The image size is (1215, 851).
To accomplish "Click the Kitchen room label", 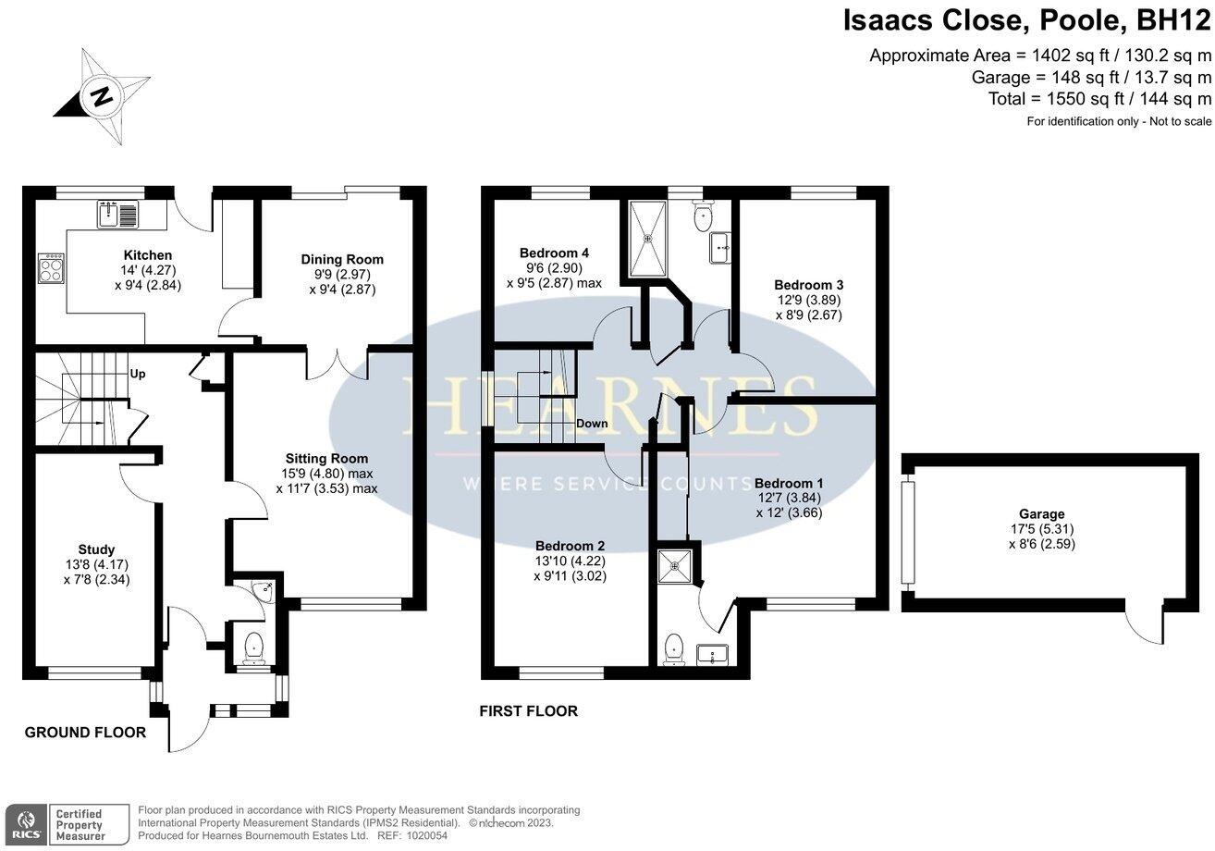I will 148,255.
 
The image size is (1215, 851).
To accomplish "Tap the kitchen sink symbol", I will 117,215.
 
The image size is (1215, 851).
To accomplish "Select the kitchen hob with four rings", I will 50,269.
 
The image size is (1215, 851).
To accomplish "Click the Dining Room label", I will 342,259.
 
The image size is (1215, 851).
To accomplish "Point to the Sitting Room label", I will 326,458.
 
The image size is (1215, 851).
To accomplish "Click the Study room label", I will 96,549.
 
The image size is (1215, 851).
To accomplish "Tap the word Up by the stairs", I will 137,375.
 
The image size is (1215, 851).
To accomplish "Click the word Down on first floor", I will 592,424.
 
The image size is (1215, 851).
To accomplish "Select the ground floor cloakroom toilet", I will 251,647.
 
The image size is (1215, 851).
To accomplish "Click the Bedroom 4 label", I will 554,253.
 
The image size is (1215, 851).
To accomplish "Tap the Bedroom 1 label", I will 789,483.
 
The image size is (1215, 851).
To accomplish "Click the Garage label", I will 1041,514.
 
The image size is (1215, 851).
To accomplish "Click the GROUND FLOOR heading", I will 85,733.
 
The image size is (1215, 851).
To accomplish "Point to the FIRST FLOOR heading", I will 528,711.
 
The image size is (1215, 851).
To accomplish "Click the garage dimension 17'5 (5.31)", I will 1042,529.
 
